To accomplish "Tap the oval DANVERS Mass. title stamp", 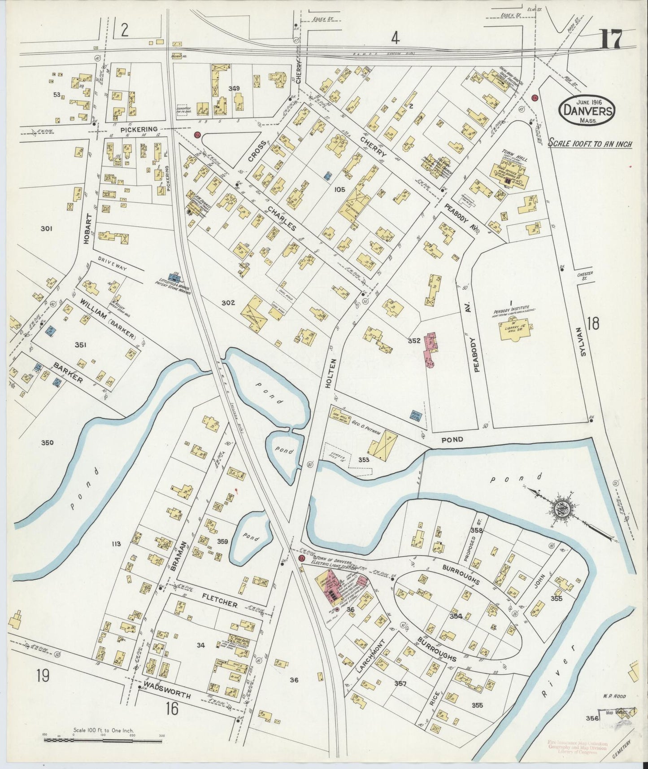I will (x=587, y=110).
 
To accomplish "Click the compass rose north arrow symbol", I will (x=561, y=509).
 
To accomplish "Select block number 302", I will (x=228, y=303).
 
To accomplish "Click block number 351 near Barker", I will (x=81, y=345).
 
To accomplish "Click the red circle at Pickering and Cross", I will (x=196, y=135).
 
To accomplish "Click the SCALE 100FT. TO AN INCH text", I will (x=590, y=144).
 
